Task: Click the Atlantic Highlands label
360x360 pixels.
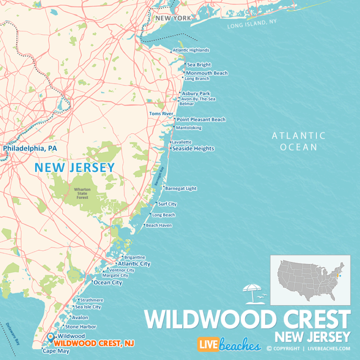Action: click(191, 50)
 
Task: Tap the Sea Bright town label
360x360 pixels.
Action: click(199, 65)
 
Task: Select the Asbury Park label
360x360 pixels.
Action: click(196, 93)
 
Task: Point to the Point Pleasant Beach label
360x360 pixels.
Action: click(201, 120)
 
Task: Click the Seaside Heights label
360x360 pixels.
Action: click(193, 149)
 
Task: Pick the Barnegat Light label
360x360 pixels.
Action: click(181, 188)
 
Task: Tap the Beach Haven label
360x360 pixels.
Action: click(159, 225)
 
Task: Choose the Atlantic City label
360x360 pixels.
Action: click(134, 264)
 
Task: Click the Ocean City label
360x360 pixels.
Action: click(108, 283)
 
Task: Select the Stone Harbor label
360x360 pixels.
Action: click(81, 327)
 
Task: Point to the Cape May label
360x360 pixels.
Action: click(56, 351)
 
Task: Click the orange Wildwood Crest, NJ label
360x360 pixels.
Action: click(94, 344)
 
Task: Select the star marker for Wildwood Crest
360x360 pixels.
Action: click(50, 336)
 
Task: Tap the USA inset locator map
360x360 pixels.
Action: click(310, 280)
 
